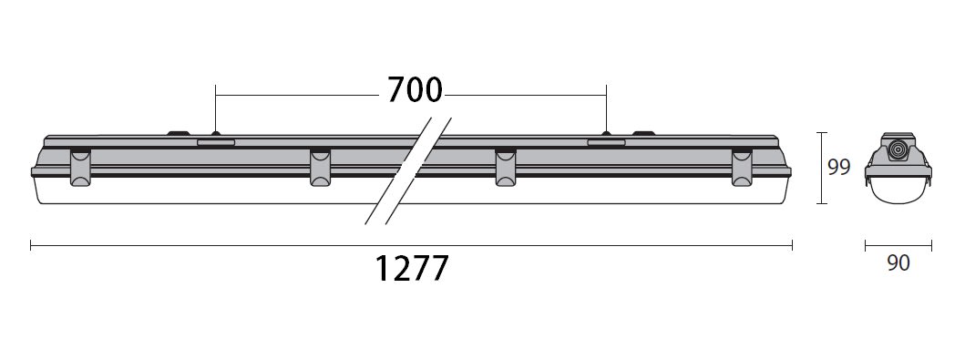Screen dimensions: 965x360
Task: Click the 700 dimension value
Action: (x=415, y=90)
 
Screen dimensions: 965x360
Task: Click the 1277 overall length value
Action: (x=412, y=268)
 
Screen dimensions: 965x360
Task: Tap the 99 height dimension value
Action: (x=838, y=167)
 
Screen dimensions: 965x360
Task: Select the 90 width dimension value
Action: (x=898, y=263)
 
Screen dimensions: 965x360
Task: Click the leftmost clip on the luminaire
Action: (x=80, y=167)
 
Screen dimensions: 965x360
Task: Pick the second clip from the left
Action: (x=320, y=167)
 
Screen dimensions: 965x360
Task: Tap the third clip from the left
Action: (x=505, y=167)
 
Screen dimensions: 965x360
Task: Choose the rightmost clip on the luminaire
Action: (x=742, y=167)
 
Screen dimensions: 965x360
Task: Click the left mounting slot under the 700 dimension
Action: (x=215, y=142)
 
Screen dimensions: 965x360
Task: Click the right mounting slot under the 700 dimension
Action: (x=606, y=142)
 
